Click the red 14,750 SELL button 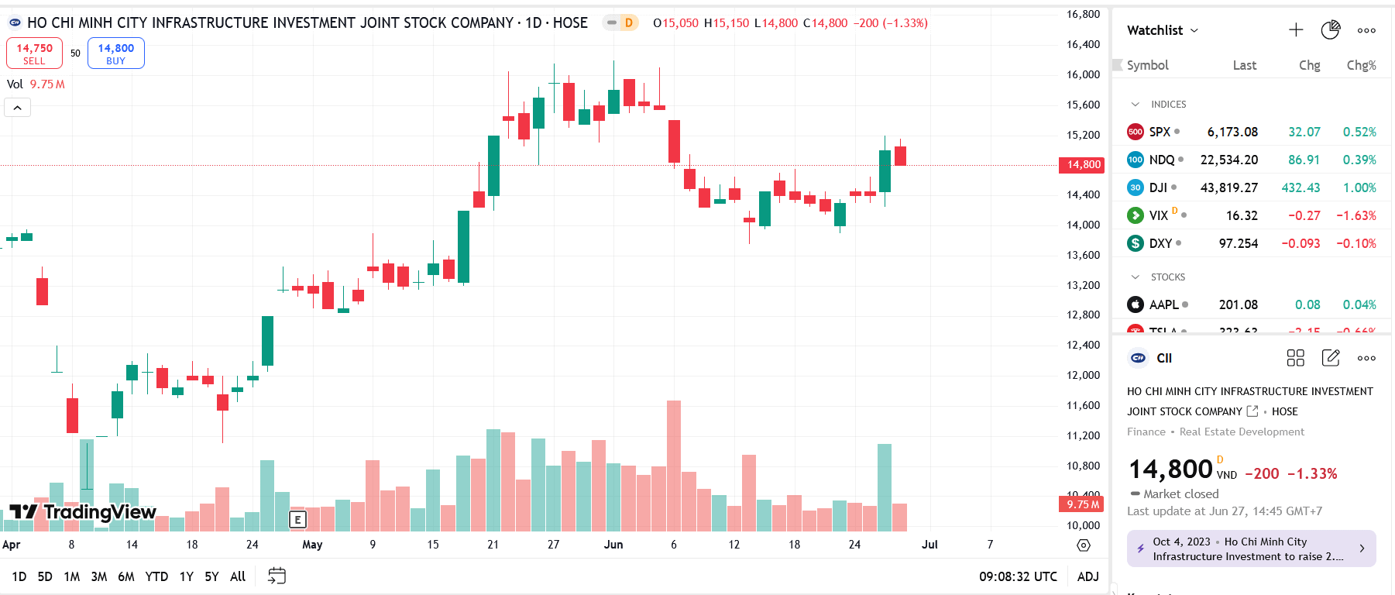[34, 53]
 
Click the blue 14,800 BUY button [115, 53]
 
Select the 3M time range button [99, 576]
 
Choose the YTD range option [156, 576]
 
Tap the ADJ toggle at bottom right [1087, 576]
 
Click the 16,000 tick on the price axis [1083, 74]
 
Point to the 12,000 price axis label [1083, 375]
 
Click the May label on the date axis [312, 545]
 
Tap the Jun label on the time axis [613, 545]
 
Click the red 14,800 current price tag [1082, 164]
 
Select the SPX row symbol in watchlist [1160, 132]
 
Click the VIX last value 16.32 [1242, 215]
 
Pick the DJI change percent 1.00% [1359, 187]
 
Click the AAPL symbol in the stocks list [1163, 304]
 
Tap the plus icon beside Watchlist [1296, 30]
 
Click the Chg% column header [1361, 65]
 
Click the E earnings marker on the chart [297, 520]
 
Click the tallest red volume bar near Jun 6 [674, 465]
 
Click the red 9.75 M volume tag [1082, 504]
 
